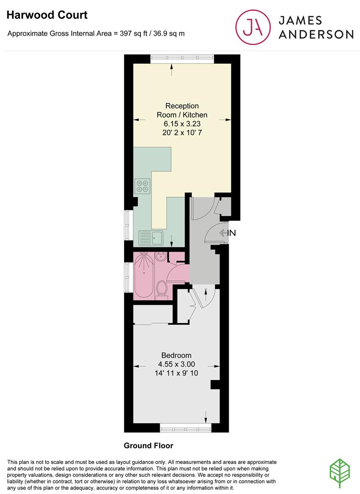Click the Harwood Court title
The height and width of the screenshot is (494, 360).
tap(47, 15)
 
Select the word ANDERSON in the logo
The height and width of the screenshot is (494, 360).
tap(316, 34)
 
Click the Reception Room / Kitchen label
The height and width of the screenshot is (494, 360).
tap(182, 110)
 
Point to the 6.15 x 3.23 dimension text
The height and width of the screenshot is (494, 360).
tap(182, 123)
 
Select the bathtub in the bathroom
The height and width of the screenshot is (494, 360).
tap(143, 274)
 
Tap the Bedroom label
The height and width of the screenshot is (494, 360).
tap(176, 355)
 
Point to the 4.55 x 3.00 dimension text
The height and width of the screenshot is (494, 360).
tap(176, 364)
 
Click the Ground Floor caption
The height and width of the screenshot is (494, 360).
tap(149, 446)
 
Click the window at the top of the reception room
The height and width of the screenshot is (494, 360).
tap(182, 58)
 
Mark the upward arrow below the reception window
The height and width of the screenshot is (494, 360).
tap(172, 70)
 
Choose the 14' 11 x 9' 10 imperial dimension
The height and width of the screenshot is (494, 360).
tap(176, 373)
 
